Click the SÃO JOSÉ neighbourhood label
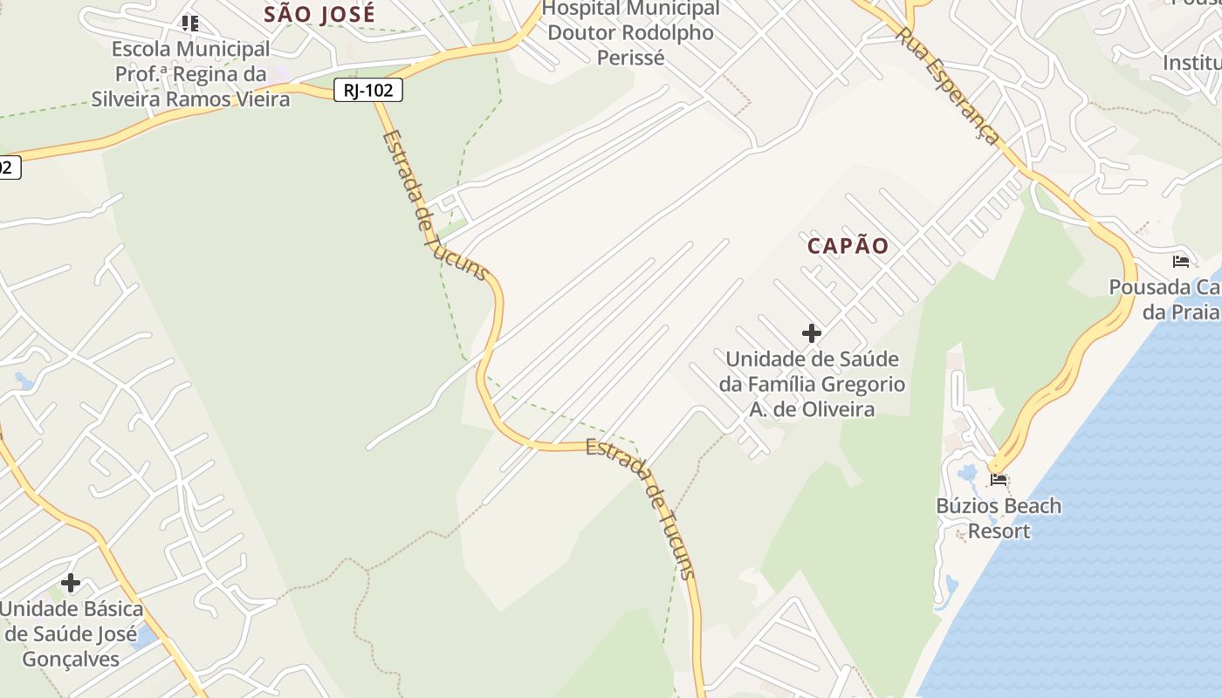(319, 14)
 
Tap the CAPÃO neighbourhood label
(848, 246)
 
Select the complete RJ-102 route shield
(367, 90)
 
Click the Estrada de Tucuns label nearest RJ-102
(434, 206)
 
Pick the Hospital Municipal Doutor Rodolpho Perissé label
(631, 33)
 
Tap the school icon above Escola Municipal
(190, 23)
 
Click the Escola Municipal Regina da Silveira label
(190, 74)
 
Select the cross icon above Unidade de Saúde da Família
(812, 332)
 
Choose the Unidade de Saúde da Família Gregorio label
(812, 384)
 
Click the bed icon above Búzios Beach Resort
(999, 479)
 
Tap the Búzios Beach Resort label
(999, 518)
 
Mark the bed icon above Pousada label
(1181, 261)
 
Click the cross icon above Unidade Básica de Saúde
(71, 582)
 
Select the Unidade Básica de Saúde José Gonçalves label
(71, 633)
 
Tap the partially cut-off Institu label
(1191, 63)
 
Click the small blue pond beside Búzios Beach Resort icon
(968, 475)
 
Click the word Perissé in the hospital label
(631, 58)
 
